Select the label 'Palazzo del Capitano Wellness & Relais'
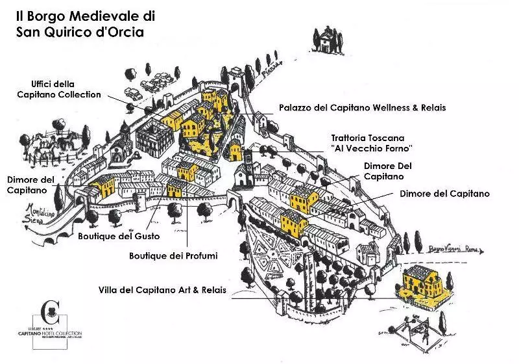[362, 107]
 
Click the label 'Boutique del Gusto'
[119, 236]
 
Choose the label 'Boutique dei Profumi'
[173, 256]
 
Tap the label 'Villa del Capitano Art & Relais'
[162, 289]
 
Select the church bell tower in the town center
[248, 162]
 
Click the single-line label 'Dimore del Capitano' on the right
[444, 194]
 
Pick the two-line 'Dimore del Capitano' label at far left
[30, 184]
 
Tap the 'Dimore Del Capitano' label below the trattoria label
[387, 171]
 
